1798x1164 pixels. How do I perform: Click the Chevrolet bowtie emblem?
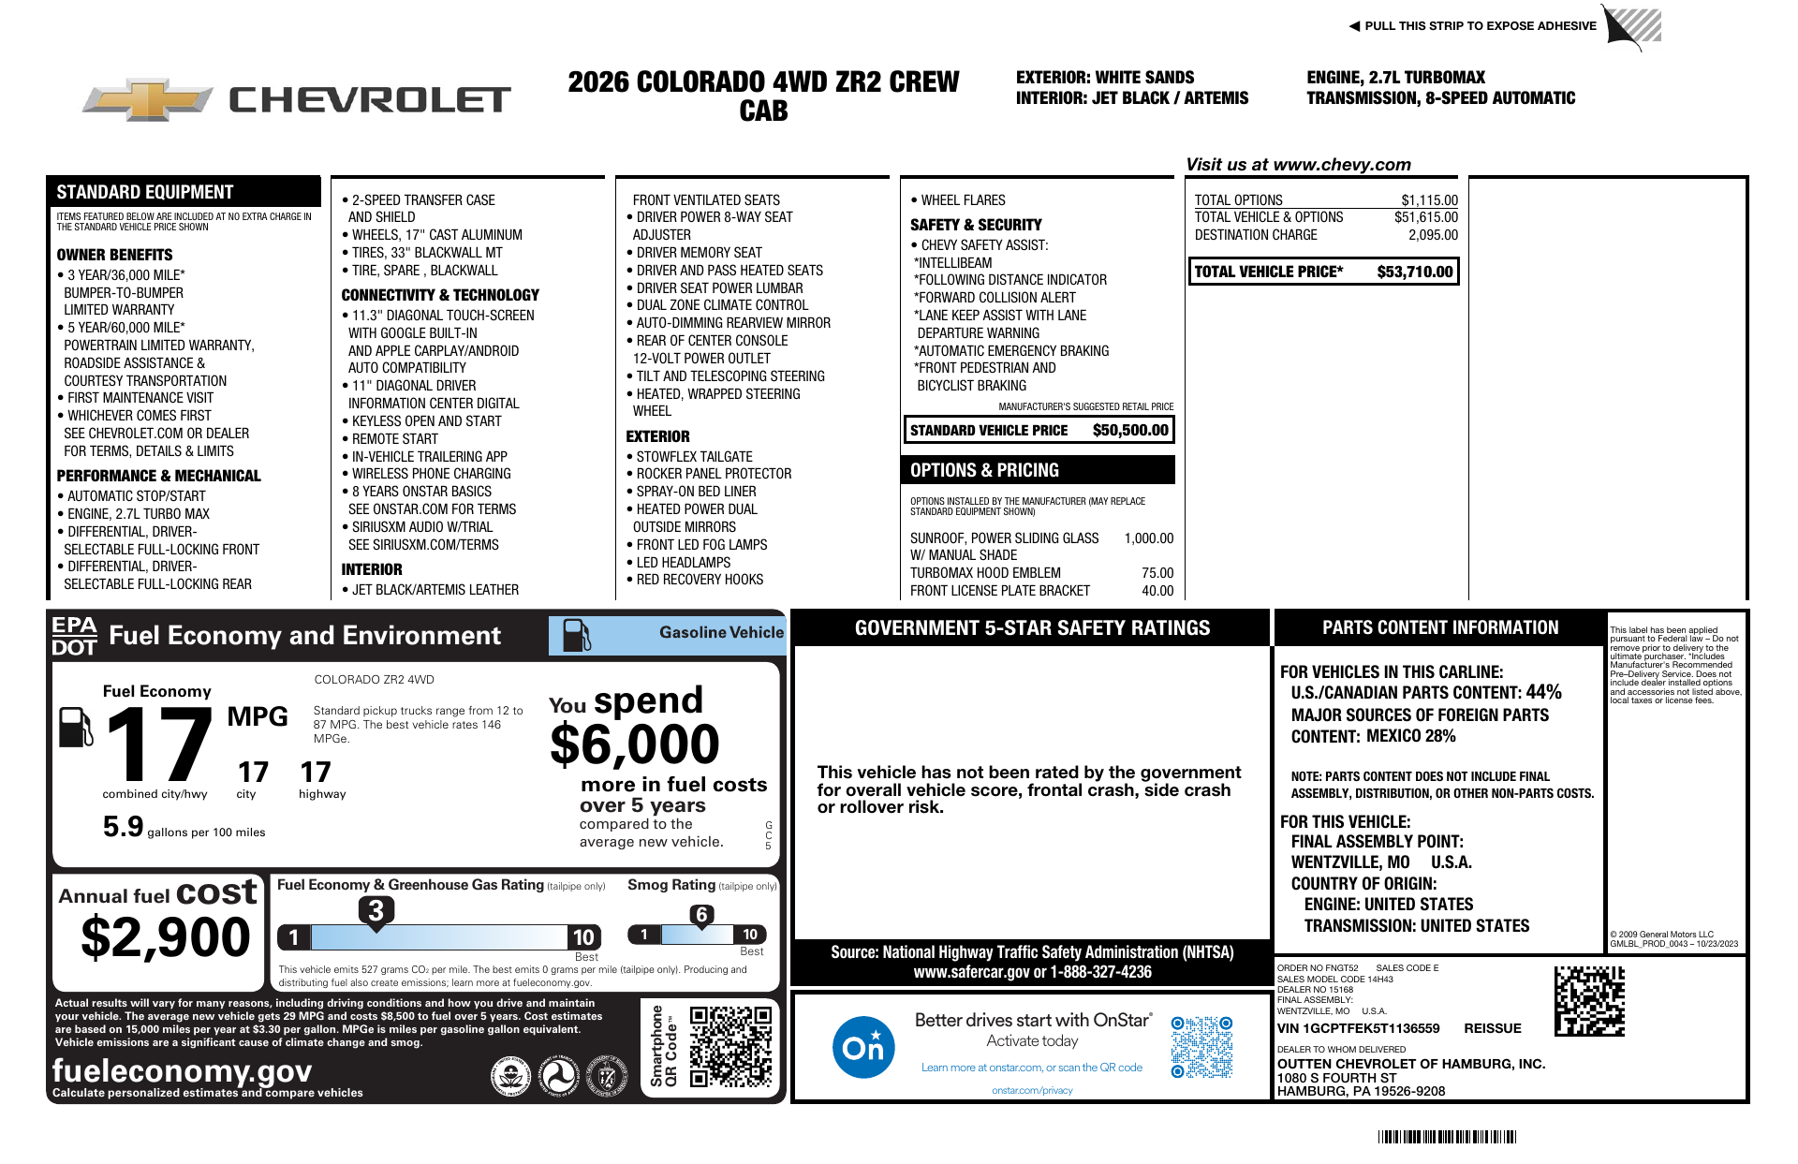tap(148, 99)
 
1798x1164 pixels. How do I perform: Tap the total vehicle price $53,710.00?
tap(1414, 272)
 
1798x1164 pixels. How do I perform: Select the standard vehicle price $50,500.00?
tap(1130, 430)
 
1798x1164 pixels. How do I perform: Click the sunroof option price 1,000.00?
tap(1148, 538)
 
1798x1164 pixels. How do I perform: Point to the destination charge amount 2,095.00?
tap(1433, 235)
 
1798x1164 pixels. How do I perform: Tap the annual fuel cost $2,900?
tap(166, 936)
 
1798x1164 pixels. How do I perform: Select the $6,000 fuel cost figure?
tap(635, 745)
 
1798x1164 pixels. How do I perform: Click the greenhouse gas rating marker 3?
tap(376, 910)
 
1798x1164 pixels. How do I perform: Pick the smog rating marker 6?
tap(701, 915)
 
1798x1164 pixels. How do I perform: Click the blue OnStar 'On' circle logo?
tap(862, 1046)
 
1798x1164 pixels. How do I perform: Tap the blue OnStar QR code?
tap(1201, 1046)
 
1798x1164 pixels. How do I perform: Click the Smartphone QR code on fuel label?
tap(730, 1046)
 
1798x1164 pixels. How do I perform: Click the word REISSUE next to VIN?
tap(1493, 1028)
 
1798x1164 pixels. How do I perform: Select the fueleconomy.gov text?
tap(182, 1069)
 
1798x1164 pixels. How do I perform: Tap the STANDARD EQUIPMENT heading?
tap(144, 192)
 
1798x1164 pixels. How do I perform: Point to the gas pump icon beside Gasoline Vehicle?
tap(576, 635)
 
